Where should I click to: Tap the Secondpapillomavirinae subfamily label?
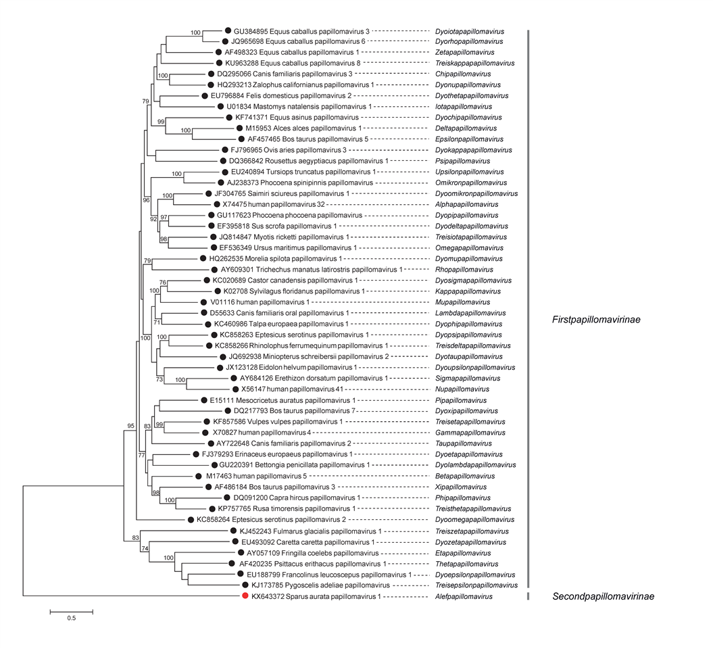(603, 596)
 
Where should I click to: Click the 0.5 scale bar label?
(70, 619)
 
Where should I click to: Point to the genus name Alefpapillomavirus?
(464, 597)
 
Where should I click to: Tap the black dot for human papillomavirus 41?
(235, 389)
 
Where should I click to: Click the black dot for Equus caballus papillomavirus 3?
(228, 30)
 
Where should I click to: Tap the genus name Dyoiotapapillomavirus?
(469, 31)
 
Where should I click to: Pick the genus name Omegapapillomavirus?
(470, 248)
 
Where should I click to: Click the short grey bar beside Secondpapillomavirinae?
(528, 596)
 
